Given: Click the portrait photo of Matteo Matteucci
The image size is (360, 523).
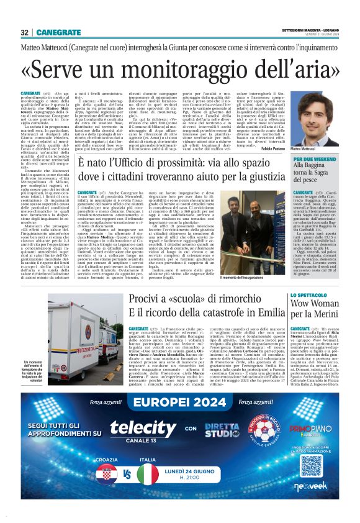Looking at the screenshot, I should [325, 118].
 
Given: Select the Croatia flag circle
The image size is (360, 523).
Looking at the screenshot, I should [107, 476].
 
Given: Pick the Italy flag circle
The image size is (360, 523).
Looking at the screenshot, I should [148, 476].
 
